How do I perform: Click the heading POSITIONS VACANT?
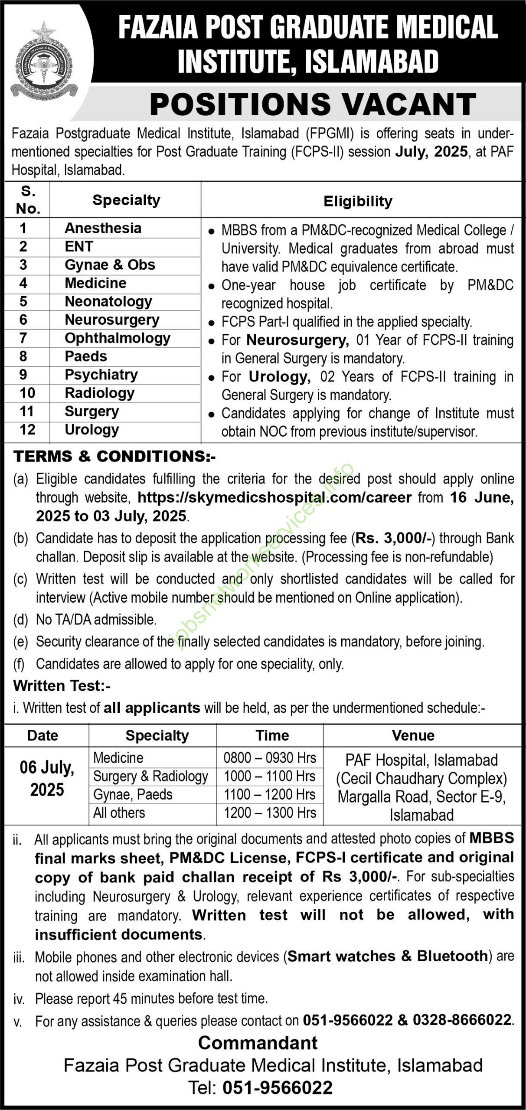pos(313,104)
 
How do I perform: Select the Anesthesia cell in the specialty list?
pos(103,228)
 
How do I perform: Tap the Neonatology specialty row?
pos(108,301)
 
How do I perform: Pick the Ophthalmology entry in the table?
pos(118,338)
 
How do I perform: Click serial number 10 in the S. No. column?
pos(27,393)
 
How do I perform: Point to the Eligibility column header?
pos(358,201)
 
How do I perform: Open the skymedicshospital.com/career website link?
pos(274,497)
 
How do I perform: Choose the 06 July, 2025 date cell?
pos(47,779)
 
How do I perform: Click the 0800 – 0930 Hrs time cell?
pos(270,758)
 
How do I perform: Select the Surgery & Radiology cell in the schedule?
pos(150,776)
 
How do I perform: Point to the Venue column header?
pos(413,735)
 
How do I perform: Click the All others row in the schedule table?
pos(119,813)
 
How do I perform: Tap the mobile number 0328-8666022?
pos(462,1019)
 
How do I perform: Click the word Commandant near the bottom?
pos(258,1043)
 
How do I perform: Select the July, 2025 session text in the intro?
pos(431,152)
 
